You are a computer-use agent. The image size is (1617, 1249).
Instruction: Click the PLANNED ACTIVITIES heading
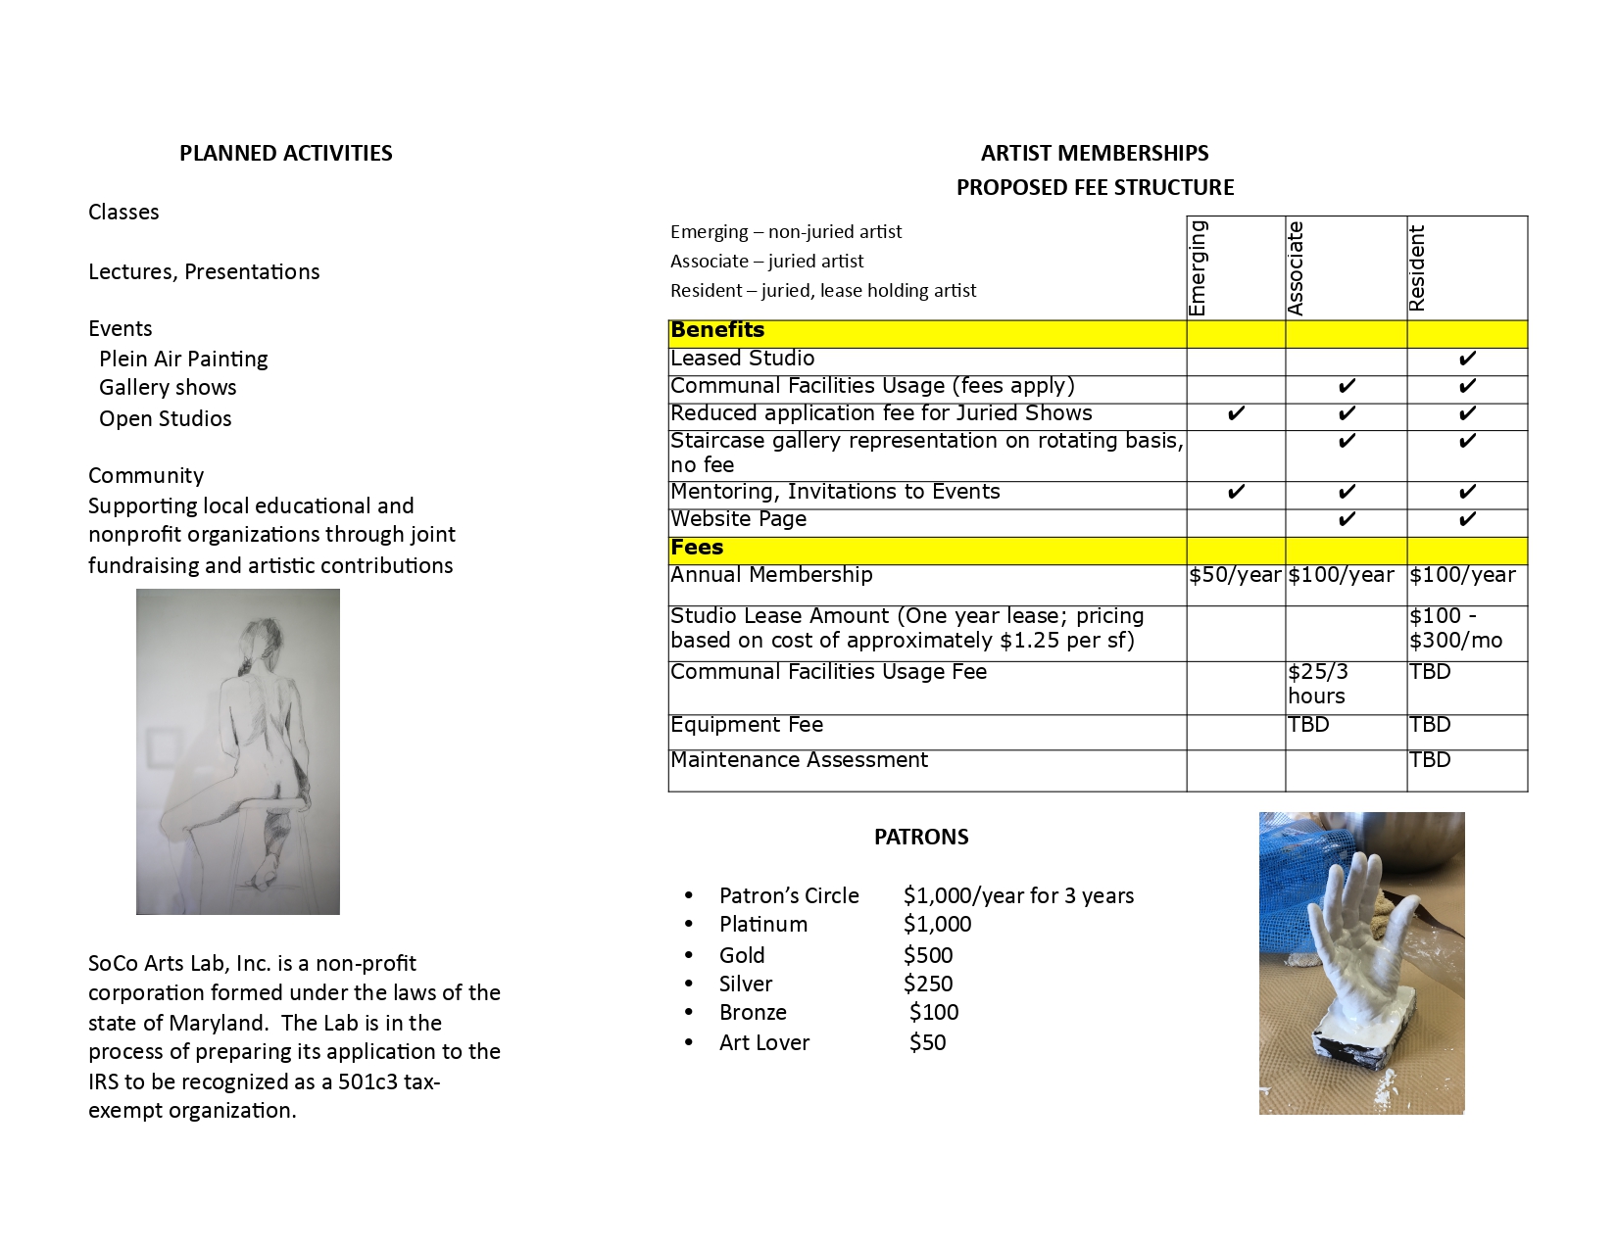pos(285,153)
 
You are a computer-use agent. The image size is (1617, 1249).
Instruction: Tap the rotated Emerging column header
pos(1198,268)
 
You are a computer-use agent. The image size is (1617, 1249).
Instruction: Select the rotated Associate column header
pos(1296,268)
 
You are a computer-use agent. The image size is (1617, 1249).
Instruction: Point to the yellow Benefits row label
pos(717,330)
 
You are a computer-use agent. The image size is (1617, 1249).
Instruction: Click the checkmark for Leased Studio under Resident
pos(1466,360)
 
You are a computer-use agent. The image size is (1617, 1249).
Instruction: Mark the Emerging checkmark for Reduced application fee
pos(1236,414)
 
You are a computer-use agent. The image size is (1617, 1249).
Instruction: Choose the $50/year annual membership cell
pos(1235,575)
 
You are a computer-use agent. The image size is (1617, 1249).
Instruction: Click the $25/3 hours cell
pos(1318,684)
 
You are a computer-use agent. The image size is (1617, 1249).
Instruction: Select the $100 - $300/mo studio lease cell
pos(1455,628)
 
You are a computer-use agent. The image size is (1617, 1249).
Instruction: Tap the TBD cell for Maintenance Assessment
pos(1430,760)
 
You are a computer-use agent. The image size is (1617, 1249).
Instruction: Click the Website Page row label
pos(739,519)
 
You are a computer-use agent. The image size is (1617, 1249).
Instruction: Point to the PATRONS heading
pos(921,837)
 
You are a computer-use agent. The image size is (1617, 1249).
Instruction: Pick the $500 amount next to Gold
pos(928,955)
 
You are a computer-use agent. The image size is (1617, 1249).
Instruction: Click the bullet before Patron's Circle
pos(689,895)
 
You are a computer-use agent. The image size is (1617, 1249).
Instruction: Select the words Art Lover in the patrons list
pos(764,1042)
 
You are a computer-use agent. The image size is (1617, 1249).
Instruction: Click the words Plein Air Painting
pos(183,359)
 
